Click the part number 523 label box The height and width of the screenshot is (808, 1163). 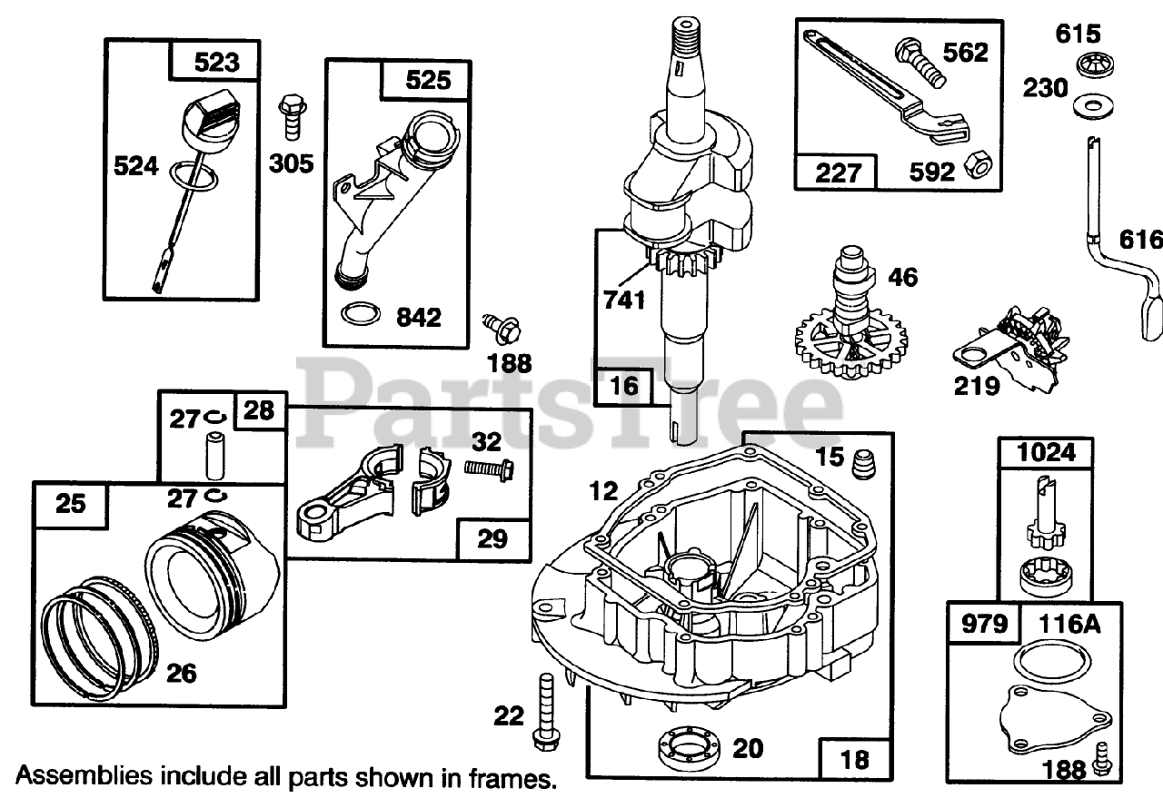pyautogui.click(x=215, y=63)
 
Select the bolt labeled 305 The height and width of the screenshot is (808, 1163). pyautogui.click(x=292, y=115)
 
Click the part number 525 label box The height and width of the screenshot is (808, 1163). pyautogui.click(x=428, y=81)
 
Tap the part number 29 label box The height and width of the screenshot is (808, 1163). pyautogui.click(x=492, y=538)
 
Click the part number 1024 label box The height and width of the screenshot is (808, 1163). pyautogui.click(x=1046, y=452)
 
